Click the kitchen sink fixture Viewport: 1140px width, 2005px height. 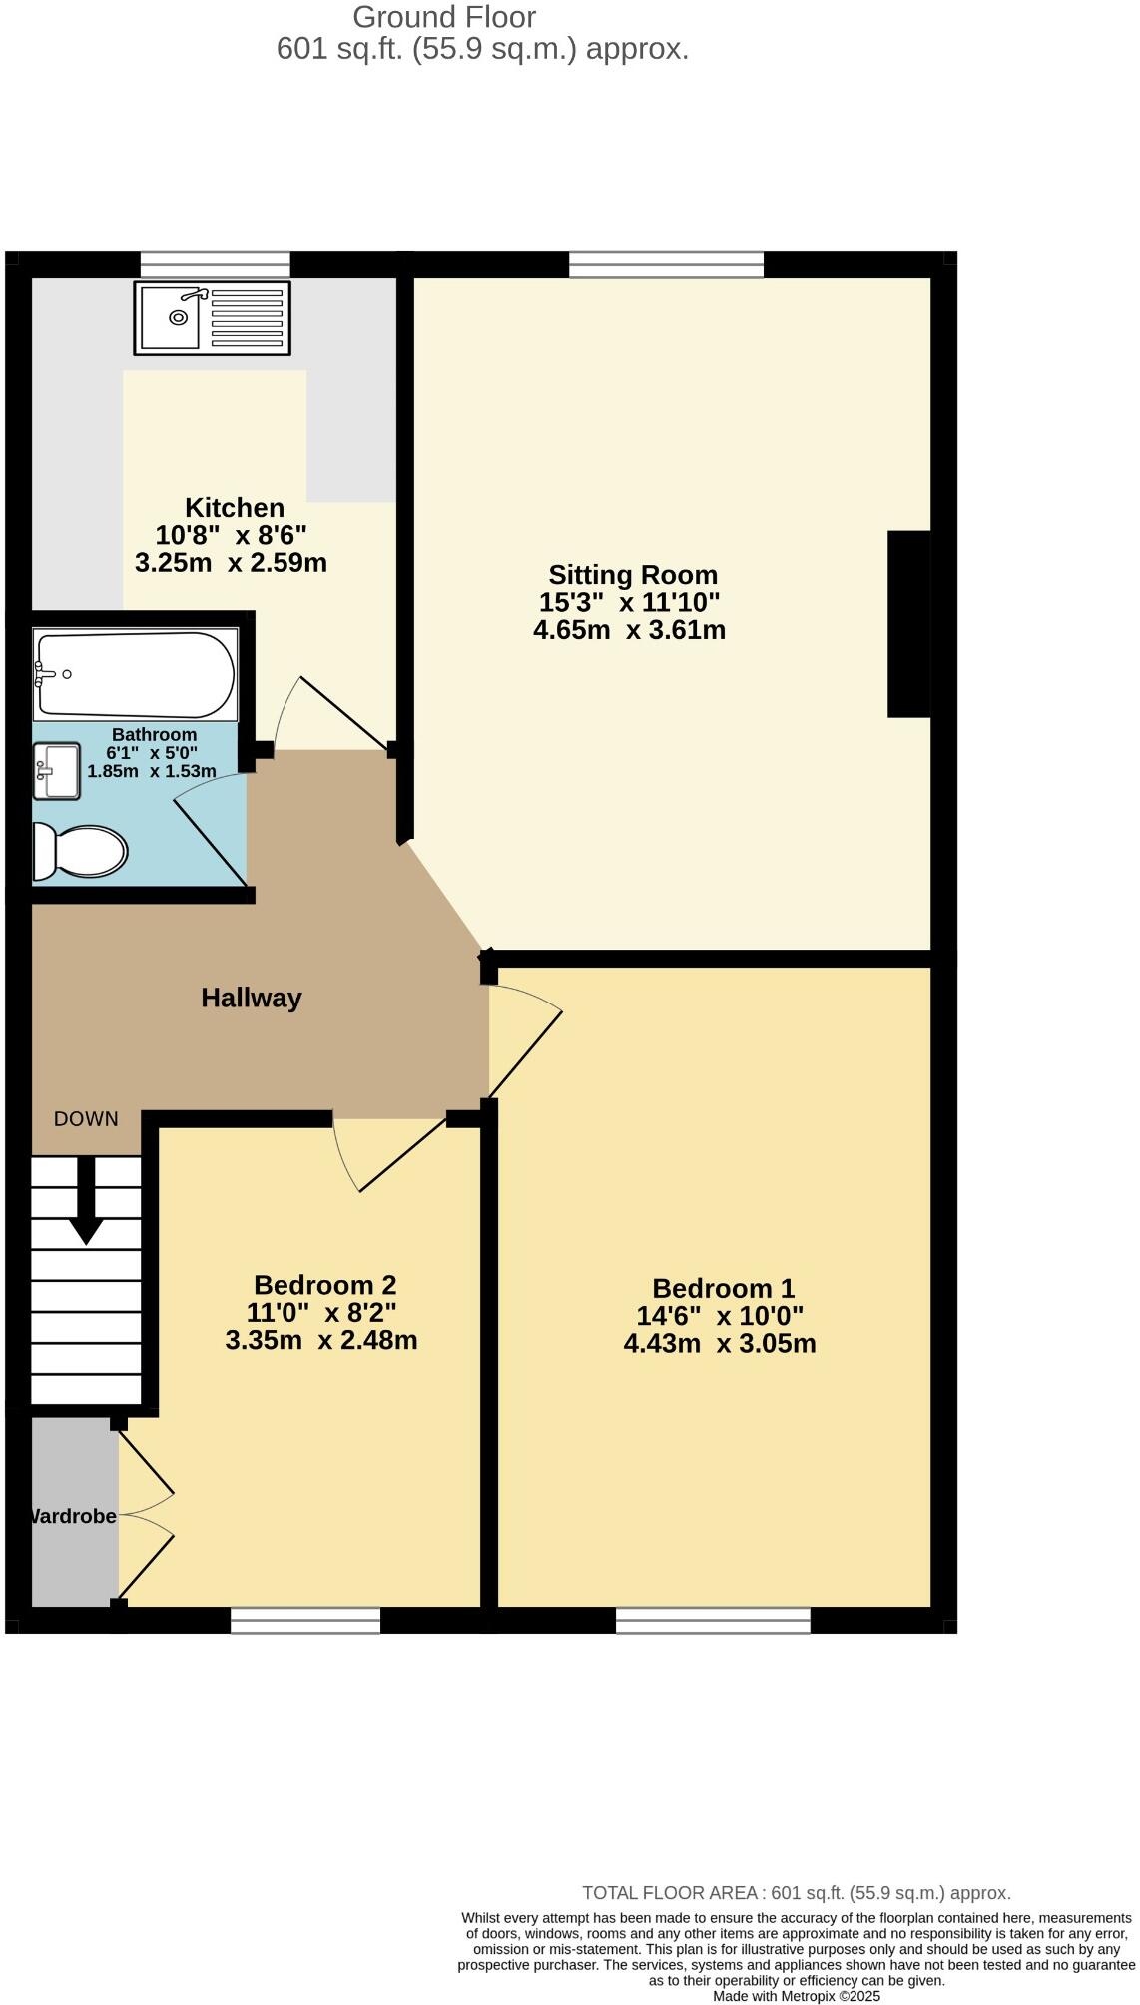[212, 318]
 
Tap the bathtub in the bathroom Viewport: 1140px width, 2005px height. [135, 674]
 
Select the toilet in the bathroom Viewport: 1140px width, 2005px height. [80, 852]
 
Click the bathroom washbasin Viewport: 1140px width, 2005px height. [57, 771]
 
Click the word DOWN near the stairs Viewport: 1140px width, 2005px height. [86, 1119]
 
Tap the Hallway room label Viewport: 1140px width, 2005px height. [252, 998]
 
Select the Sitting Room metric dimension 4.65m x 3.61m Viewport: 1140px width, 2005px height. [629, 630]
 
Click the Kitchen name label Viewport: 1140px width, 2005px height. [235, 507]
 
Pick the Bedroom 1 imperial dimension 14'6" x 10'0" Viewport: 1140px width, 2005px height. [720, 1316]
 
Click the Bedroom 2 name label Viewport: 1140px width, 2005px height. [324, 1285]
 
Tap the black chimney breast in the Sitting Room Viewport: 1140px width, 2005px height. [908, 624]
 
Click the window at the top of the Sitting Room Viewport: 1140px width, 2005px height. [666, 265]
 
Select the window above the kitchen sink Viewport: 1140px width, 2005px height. [215, 265]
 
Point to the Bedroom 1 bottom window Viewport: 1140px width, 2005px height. [713, 1620]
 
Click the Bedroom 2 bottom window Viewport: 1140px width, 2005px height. [305, 1620]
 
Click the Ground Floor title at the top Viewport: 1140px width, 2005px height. [444, 17]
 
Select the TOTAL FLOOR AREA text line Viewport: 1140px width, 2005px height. [796, 1893]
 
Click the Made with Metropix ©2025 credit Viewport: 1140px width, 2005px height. [796, 1997]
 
